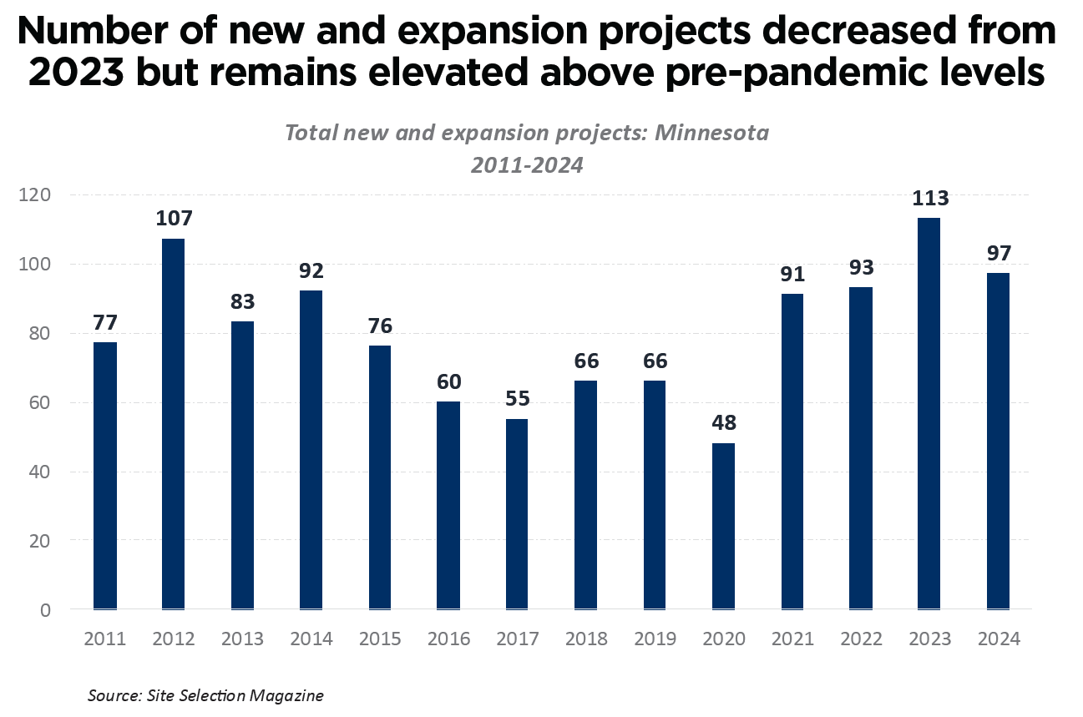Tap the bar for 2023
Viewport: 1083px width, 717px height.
coord(929,414)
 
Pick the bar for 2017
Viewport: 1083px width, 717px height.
coord(517,514)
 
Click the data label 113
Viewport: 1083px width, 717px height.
coord(930,199)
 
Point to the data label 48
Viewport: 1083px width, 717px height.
coord(723,424)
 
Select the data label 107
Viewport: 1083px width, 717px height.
coord(174,219)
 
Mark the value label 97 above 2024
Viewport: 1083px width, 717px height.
coord(999,253)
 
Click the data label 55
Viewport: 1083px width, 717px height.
coord(517,399)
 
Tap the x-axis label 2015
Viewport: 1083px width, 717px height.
coord(380,639)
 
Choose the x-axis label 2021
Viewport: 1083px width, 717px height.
coord(792,639)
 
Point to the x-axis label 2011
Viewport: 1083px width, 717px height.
coord(104,639)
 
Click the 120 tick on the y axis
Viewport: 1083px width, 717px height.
coord(36,195)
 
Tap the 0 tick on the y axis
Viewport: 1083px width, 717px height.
coord(44,610)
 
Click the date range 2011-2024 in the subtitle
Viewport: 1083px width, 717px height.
coord(526,165)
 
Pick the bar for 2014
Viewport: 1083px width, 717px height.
coord(311,450)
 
